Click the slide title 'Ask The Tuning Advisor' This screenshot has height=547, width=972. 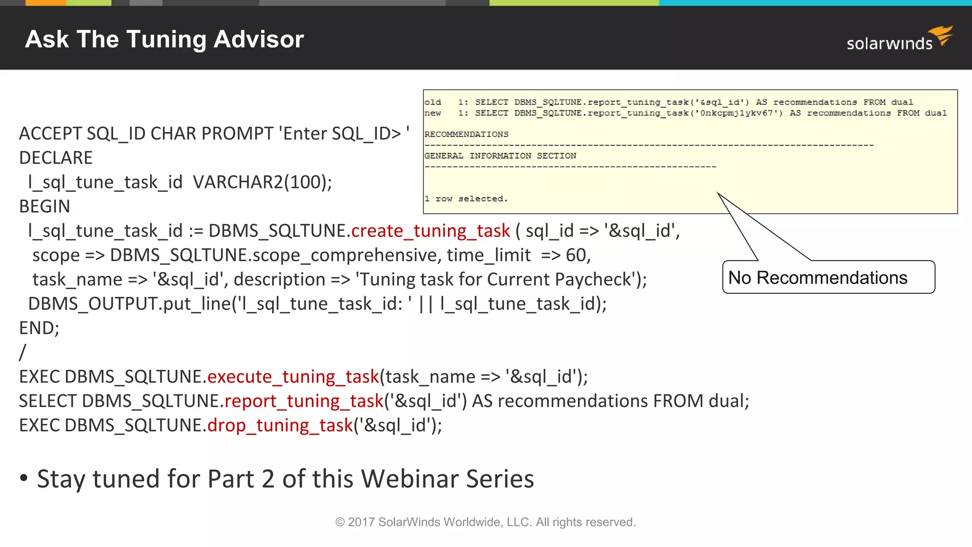point(164,39)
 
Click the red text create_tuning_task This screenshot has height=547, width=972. point(430,231)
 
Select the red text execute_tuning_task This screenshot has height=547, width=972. point(293,377)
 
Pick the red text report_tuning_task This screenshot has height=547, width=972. point(304,401)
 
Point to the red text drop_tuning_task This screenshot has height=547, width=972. point(280,425)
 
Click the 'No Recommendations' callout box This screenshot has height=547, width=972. point(828,277)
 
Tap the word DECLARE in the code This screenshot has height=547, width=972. point(56,158)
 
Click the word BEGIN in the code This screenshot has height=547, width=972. point(45,207)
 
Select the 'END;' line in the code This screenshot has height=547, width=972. point(39,328)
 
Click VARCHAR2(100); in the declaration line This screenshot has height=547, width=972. point(262,182)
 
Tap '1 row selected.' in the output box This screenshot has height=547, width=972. point(466,198)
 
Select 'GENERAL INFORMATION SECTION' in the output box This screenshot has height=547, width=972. point(500,156)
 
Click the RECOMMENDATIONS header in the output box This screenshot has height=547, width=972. point(466,134)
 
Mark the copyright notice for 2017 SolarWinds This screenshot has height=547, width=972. point(486,522)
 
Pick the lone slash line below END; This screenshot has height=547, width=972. point(22,352)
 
